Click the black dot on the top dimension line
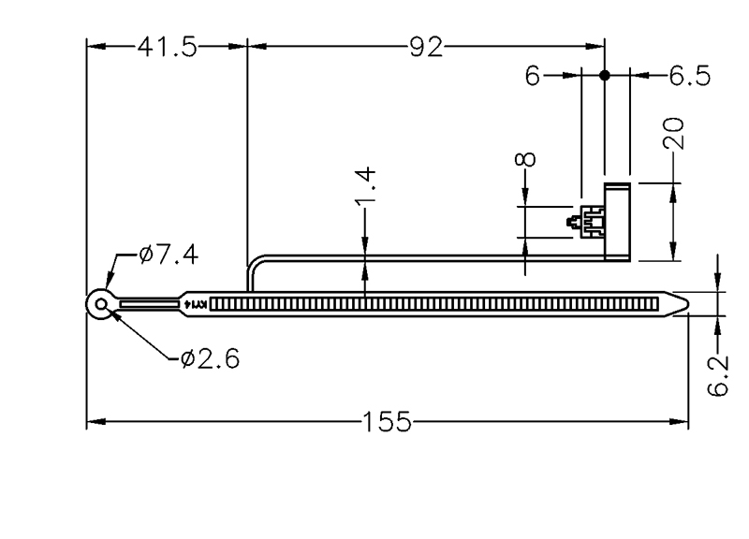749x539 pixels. (x=605, y=75)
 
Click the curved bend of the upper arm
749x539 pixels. (x=255, y=266)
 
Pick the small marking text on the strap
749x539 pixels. (x=198, y=304)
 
